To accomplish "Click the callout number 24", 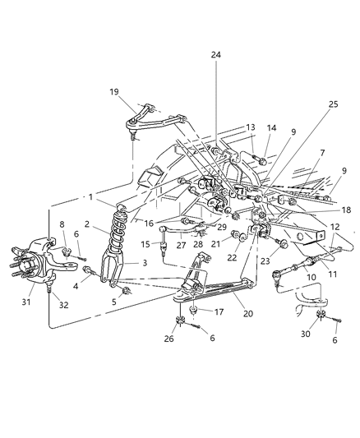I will tap(216, 55).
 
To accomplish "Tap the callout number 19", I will tap(113, 94).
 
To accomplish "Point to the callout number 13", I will tap(251, 127).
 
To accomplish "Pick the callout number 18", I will tap(336, 210).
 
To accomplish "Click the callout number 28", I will tap(198, 244).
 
